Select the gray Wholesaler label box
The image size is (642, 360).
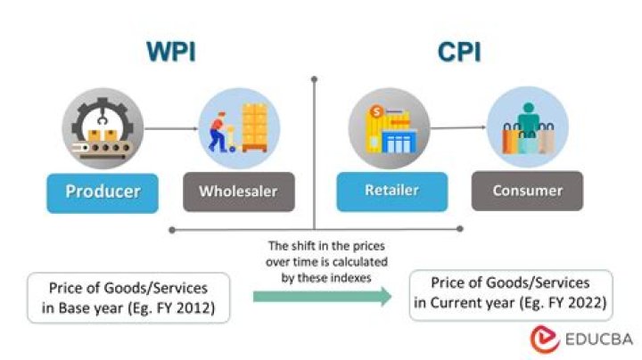pos(238,191)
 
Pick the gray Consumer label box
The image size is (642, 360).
pos(528,191)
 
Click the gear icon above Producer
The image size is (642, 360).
pos(100,129)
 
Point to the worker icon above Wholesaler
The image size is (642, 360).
pos(238,129)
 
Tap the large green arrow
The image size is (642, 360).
pos(321,298)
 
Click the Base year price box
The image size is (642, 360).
pos(128,298)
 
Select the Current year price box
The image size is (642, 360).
pos(511,296)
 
